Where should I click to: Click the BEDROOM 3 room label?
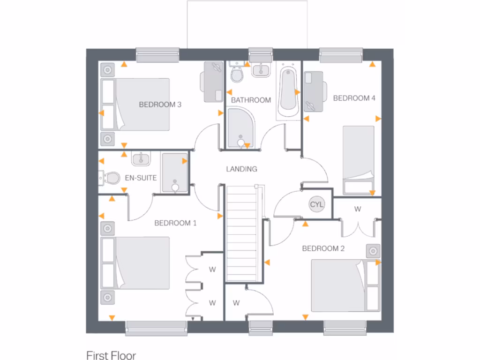point(160,105)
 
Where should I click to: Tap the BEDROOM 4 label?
point(354,98)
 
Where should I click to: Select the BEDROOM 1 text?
point(175,223)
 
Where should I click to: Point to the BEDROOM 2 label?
point(323,248)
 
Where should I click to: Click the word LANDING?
point(241,169)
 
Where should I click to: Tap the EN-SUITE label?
point(141,178)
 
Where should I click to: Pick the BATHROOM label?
point(251,100)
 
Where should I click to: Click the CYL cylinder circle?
point(316,204)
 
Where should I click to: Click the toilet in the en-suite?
point(110,178)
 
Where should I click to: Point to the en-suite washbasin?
point(141,158)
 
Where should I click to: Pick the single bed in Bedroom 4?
point(359,159)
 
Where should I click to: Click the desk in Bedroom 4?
point(315,91)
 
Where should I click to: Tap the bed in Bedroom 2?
point(340,285)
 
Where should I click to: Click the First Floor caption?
point(111,355)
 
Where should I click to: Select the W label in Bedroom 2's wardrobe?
point(358,209)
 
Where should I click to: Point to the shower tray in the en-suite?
point(175,172)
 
